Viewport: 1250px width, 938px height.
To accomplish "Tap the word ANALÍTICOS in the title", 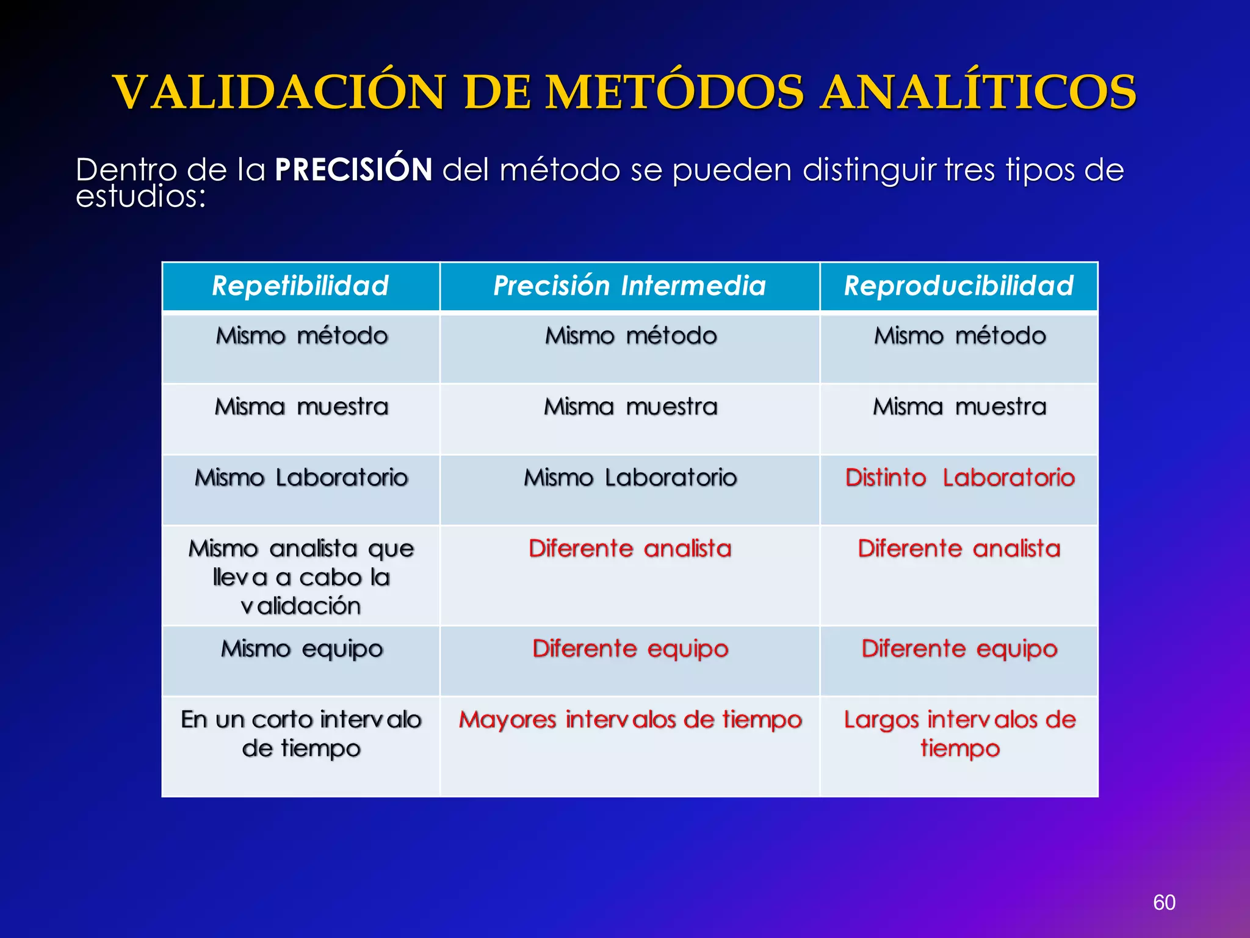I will tap(978, 93).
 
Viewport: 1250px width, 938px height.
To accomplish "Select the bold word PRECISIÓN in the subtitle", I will tap(353, 170).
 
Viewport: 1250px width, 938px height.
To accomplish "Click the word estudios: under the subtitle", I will tap(141, 197).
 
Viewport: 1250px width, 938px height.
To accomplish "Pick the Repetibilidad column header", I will tap(300, 286).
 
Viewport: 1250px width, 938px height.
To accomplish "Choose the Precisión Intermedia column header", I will tap(629, 286).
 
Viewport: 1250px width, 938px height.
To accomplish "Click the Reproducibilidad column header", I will tap(959, 286).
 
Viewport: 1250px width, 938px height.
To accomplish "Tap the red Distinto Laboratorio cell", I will tap(959, 478).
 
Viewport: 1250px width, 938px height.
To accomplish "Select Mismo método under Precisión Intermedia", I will tap(630, 336).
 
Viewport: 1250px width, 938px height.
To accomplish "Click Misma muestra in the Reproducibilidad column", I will tap(959, 407).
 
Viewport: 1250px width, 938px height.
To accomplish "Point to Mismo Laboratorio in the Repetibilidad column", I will tap(301, 478).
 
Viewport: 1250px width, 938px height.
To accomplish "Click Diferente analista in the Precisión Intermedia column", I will tap(630, 548).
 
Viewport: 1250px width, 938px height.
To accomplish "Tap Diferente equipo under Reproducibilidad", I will tap(959, 649).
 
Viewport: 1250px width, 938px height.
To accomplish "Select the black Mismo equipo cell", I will tap(302, 649).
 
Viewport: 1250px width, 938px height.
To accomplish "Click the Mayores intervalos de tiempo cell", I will tap(630, 719).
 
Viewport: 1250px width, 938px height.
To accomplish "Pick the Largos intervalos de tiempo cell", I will tap(959, 733).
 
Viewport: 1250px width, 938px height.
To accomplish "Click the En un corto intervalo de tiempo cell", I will tap(301, 733).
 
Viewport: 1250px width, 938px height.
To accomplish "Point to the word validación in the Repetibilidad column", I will tap(301, 606).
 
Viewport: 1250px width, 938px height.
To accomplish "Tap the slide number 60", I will tap(1164, 903).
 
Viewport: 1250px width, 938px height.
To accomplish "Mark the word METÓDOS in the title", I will tap(674, 93).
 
